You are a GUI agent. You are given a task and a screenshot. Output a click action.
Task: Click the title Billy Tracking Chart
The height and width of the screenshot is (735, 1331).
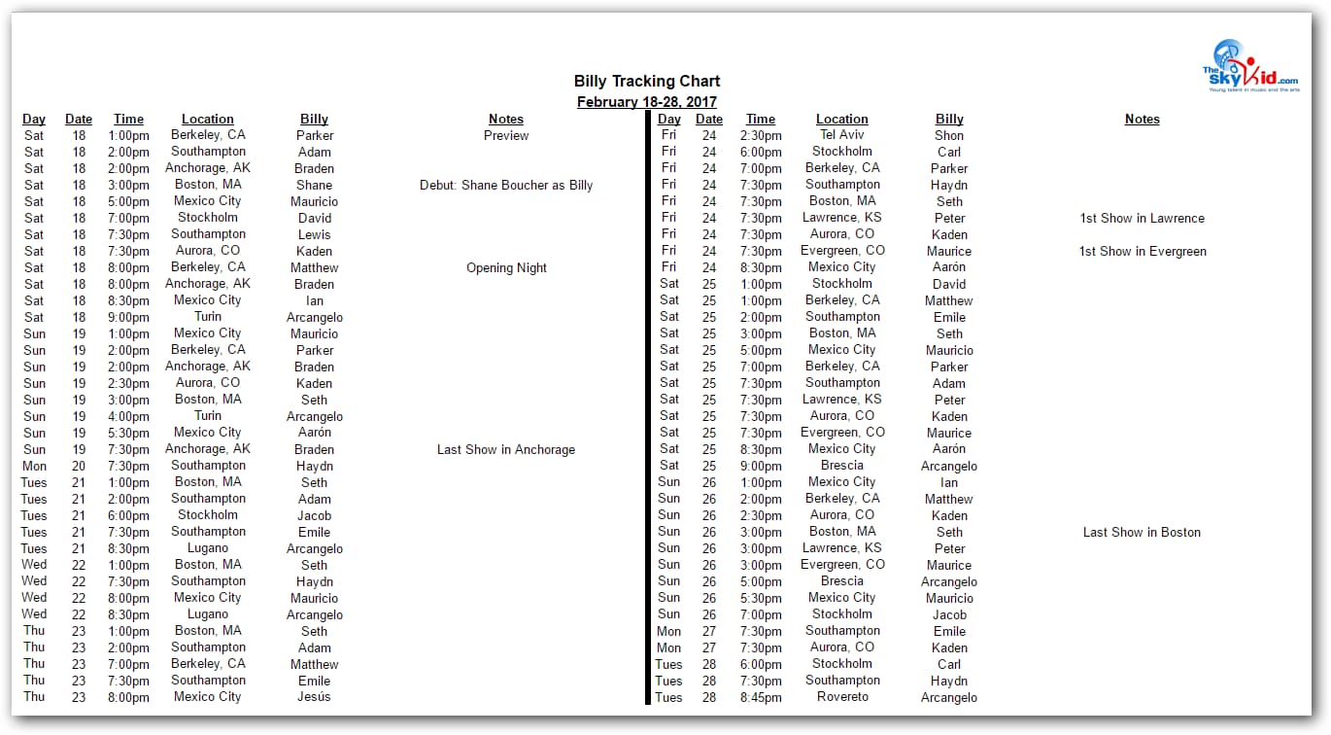[x=647, y=81]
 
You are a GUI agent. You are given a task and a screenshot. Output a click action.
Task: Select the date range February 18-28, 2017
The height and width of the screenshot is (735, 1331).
[x=647, y=101]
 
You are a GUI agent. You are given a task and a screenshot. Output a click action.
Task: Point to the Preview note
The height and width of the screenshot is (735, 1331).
[x=506, y=135]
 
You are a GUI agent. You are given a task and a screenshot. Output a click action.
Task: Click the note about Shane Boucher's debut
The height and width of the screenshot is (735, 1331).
[x=506, y=185]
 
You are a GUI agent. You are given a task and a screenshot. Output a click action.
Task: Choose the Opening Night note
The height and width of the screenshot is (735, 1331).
[x=506, y=267]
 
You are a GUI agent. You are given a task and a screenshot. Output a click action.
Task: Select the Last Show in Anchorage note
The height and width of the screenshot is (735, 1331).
[x=506, y=449]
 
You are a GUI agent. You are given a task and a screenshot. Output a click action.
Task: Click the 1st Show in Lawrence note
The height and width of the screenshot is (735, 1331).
[x=1142, y=218]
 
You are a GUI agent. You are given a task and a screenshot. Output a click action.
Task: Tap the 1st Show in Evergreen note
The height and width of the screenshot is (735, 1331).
[x=1142, y=251]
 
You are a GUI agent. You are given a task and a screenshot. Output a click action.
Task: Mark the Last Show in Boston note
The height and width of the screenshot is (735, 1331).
[x=1142, y=532]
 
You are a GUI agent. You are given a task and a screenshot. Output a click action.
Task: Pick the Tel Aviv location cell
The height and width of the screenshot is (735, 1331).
[x=841, y=134]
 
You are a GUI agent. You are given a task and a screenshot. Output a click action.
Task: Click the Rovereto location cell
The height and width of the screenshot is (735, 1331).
[x=841, y=696]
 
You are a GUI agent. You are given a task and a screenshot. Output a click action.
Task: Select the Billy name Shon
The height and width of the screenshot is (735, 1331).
[x=949, y=135]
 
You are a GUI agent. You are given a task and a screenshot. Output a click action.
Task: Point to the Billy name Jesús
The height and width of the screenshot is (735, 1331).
[x=314, y=696]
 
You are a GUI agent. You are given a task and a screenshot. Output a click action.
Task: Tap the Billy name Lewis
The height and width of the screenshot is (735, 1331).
[x=314, y=234]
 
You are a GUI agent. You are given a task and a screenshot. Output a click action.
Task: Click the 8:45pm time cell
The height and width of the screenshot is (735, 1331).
[x=760, y=697]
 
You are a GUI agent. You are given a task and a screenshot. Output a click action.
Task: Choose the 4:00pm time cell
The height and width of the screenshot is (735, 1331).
[x=129, y=416]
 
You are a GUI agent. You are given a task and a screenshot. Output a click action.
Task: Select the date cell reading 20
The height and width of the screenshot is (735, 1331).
[x=79, y=466]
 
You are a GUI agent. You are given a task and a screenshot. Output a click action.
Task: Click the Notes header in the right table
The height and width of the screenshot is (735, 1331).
[x=1142, y=119]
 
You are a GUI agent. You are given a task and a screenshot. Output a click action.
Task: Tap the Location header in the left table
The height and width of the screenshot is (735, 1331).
[x=207, y=119]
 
